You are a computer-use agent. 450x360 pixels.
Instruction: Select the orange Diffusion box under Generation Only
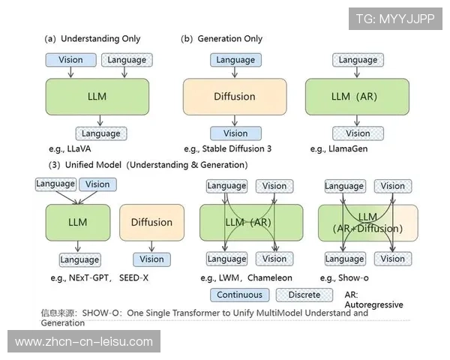point(235,97)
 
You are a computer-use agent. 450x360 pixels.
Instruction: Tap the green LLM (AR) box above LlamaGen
point(357,97)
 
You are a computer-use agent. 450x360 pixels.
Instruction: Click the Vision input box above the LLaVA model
point(70,60)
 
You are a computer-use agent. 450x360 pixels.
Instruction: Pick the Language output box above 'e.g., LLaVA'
point(100,133)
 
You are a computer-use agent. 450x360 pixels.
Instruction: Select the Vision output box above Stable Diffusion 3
point(235,133)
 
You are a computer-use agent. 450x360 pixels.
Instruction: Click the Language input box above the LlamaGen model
point(357,60)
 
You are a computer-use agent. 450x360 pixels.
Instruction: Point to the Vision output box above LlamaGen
point(357,133)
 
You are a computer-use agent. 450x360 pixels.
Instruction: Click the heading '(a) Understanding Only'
point(92,38)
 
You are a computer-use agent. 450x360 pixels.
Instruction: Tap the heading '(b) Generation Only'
point(221,38)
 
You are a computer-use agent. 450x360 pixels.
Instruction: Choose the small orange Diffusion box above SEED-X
point(151,222)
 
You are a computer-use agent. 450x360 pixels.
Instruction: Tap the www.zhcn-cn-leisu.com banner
point(84,342)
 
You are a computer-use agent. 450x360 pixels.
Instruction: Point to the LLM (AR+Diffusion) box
point(367,223)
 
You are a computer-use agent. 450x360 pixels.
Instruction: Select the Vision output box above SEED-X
point(151,259)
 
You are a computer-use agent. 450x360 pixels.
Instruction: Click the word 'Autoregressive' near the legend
point(373,305)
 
